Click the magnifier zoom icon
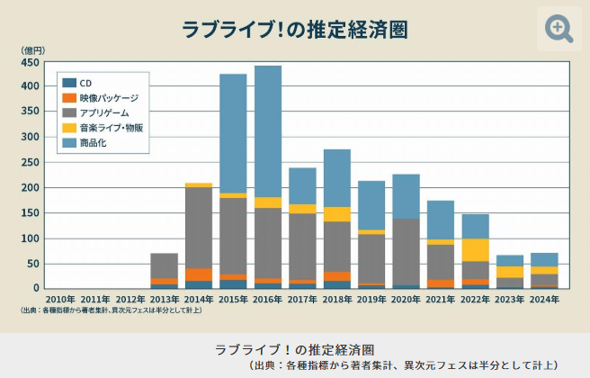point(559,28)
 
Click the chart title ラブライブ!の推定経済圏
point(295,29)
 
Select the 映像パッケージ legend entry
point(101,97)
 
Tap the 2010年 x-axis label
point(60,299)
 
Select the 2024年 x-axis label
point(543,299)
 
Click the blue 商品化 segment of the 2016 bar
point(268,130)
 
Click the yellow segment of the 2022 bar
point(475,249)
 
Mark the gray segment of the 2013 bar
point(164,265)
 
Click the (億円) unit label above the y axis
point(32,49)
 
